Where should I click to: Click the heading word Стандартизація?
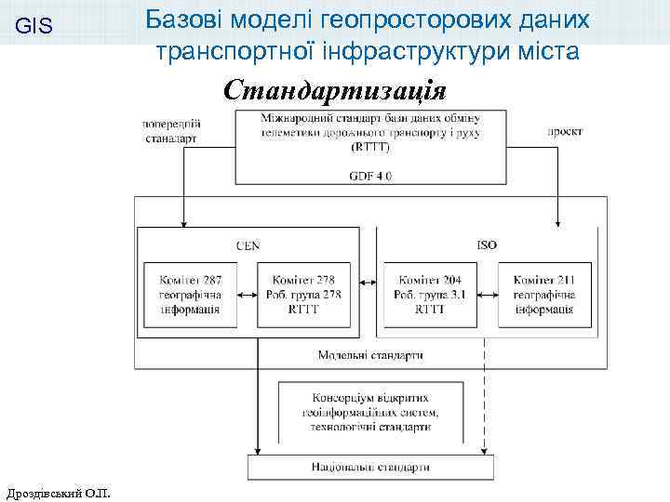tap(335, 91)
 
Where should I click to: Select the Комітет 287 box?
tap(190, 295)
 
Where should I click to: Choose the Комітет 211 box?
tap(544, 295)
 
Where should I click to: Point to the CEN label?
tap(248, 245)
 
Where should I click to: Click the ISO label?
tap(487, 245)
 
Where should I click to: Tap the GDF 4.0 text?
tap(370, 176)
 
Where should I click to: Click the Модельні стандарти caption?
tap(370, 354)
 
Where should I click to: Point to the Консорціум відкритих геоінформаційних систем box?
tap(370, 412)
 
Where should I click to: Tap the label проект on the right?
tap(565, 132)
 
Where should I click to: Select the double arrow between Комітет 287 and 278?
tap(247, 295)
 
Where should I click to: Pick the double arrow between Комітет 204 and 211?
tap(487, 295)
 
